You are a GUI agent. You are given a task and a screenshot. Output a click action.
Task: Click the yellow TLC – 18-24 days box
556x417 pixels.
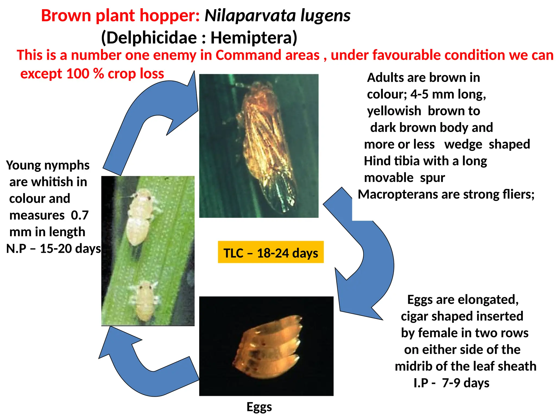pos(270,252)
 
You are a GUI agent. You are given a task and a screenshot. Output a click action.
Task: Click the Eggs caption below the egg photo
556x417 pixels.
pos(259,406)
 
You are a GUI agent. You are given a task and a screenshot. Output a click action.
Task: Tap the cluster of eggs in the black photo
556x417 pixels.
pos(267,347)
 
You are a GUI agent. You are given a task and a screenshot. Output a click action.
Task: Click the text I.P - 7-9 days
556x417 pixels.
pos(451,383)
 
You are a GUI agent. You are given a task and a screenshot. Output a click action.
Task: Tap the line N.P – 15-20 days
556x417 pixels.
pos(53,248)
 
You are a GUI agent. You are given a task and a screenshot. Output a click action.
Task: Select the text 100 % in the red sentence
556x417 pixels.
pos(85,74)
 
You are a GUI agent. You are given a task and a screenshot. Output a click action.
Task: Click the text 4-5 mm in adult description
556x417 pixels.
pos(432,94)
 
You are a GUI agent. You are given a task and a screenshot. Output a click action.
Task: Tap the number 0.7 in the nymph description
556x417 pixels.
pos(80,215)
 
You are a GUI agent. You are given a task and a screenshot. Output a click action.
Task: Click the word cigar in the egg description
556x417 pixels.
pos(414,316)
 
